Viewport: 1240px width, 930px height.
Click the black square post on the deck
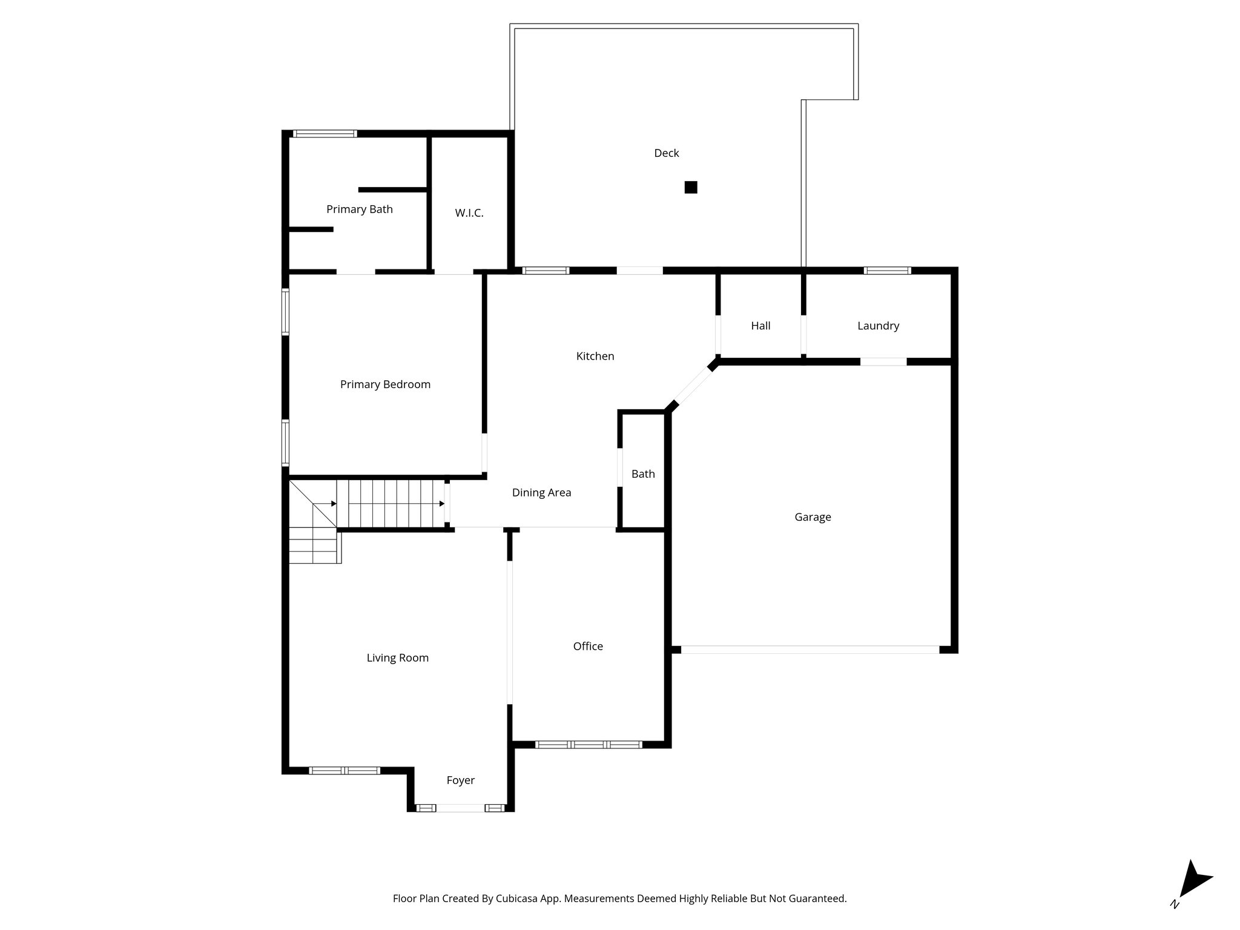coord(691,187)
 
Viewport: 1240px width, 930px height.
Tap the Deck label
coord(666,153)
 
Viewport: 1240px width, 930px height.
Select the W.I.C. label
coord(469,213)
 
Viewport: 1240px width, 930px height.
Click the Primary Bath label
coord(360,209)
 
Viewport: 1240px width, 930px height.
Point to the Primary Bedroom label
coord(385,384)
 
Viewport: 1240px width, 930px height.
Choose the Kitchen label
coord(595,356)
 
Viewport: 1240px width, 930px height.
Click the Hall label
coord(760,326)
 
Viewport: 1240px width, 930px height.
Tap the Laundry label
coord(878,326)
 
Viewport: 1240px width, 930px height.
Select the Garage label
coord(813,517)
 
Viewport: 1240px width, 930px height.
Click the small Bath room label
coord(643,474)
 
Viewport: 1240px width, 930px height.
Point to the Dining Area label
coord(541,493)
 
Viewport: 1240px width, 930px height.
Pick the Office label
coord(588,647)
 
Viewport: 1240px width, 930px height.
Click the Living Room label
coord(397,658)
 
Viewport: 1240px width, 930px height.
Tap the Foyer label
coord(460,780)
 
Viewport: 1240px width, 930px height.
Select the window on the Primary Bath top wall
coord(325,134)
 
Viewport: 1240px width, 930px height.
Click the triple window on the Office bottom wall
coord(589,745)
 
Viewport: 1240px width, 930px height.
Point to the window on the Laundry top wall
coord(886,271)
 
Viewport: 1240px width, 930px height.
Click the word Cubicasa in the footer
coord(518,899)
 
